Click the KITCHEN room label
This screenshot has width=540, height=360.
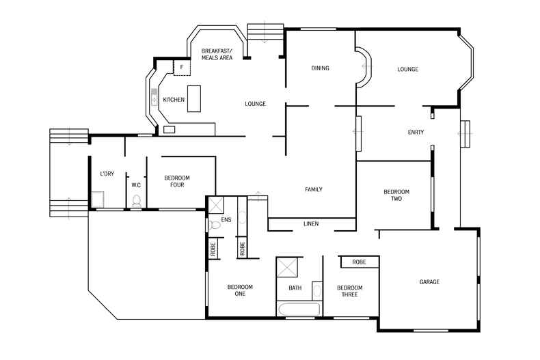tap(174, 100)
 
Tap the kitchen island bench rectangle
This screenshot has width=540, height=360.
tap(195, 98)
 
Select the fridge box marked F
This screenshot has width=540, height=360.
tap(182, 68)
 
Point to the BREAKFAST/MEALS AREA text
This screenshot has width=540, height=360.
tap(217, 55)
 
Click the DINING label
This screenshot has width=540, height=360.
tap(320, 68)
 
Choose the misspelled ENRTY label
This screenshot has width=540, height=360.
tap(416, 132)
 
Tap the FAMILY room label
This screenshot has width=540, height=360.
tap(313, 189)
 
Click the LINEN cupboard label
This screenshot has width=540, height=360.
tap(310, 224)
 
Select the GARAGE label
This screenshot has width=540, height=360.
tap(429, 282)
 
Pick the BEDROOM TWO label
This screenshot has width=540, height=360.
tap(396, 195)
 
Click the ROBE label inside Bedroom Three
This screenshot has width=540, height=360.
tap(360, 262)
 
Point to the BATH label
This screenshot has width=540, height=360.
tap(295, 288)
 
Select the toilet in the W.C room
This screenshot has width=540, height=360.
tap(136, 201)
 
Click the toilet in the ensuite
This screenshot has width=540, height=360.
tap(214, 224)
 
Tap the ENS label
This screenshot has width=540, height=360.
tap(226, 220)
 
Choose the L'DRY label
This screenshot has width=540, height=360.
tap(107, 174)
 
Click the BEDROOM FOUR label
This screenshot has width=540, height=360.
tap(177, 181)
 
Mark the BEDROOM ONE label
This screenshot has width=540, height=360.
tap(240, 290)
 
